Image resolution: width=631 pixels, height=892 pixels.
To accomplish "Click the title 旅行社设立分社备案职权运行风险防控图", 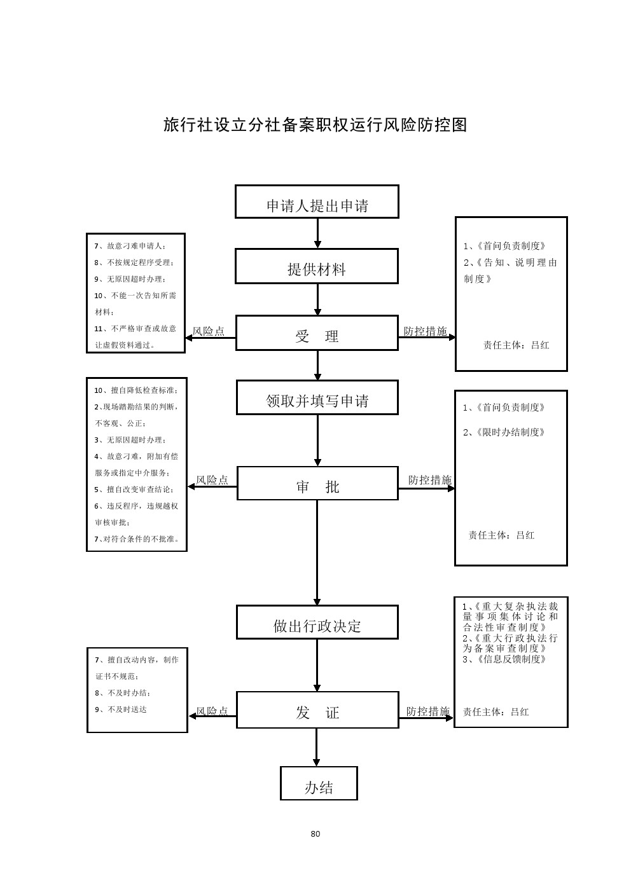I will coord(315,125).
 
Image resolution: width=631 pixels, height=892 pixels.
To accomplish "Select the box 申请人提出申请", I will coord(317,202).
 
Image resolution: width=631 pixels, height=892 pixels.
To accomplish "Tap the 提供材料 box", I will coord(317,266).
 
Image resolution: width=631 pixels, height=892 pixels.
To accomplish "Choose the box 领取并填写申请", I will coord(317,398).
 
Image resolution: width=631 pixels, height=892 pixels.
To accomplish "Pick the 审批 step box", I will coord(317,484).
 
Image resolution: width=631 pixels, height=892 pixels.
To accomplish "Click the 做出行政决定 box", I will coord(317,622).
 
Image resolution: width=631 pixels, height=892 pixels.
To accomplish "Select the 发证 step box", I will coord(317,710).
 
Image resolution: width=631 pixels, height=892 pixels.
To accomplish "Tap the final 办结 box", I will coord(319,784).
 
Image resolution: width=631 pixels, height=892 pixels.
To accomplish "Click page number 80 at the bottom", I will coord(315,834).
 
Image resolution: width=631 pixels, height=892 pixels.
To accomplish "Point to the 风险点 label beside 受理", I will coord(209,331).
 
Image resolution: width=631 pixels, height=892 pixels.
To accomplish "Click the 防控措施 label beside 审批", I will coord(430,480).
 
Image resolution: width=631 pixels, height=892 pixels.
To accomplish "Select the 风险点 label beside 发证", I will coord(212,711).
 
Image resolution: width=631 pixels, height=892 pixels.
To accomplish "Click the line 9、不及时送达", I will coord(121,710).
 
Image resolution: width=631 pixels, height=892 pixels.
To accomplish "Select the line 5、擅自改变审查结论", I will coord(134,490).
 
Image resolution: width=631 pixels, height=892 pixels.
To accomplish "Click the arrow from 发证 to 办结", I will coord(317,748).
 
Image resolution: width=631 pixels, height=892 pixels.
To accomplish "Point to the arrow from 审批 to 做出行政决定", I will coord(317,553).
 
